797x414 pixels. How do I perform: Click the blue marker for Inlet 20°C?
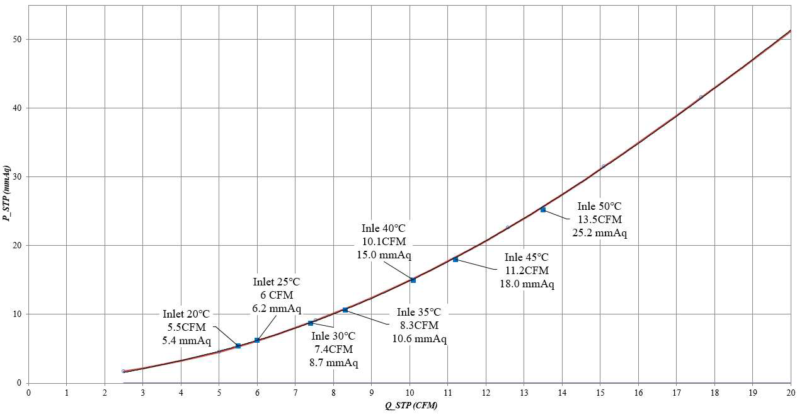coord(238,345)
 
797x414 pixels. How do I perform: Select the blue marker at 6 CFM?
coord(257,340)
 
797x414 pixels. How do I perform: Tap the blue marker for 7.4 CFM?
coord(311,323)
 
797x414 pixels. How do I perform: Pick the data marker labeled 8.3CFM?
coord(345,310)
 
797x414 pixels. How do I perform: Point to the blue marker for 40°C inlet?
coord(413,280)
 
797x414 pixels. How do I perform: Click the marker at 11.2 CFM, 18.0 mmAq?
coord(455,260)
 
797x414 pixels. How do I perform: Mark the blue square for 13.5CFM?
coord(543,210)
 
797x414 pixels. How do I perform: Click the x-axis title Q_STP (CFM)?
coord(411,405)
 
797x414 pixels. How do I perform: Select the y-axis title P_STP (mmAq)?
coord(6,193)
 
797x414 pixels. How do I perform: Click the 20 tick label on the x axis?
coord(791,393)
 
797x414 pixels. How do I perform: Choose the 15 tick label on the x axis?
coord(600,393)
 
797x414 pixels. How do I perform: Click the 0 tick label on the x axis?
coord(28,393)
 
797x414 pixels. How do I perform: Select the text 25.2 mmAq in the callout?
coord(599,233)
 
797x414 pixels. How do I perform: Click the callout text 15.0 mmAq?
coord(384,255)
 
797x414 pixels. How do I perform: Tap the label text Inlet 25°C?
coord(277,282)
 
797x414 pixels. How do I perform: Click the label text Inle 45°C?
coord(527,257)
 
